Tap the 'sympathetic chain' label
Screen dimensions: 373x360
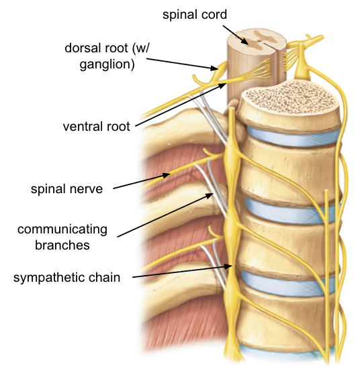tap(67, 277)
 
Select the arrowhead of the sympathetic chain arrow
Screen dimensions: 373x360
tap(234, 266)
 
